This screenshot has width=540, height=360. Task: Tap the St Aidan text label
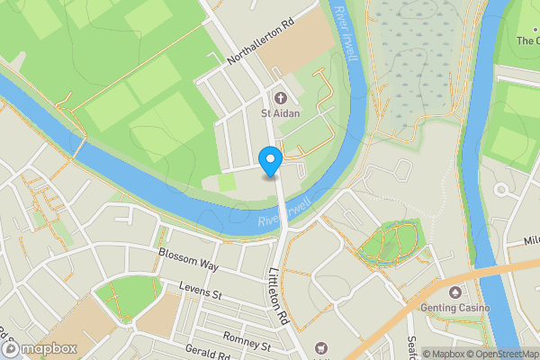(x=279, y=113)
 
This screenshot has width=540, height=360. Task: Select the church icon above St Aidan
(x=279, y=97)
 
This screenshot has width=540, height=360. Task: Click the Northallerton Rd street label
(x=261, y=44)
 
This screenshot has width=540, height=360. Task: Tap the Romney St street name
(x=247, y=345)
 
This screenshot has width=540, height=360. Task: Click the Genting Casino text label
(x=454, y=309)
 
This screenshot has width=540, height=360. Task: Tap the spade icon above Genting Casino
(x=454, y=292)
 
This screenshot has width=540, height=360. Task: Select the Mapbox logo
(x=39, y=348)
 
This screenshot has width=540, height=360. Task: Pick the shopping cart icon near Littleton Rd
(x=319, y=348)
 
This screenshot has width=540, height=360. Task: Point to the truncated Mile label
(x=530, y=241)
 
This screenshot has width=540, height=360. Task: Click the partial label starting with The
(x=527, y=40)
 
